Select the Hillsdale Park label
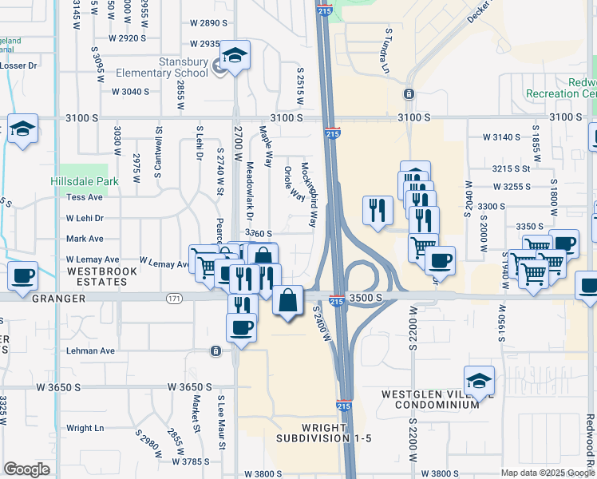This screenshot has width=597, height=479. (x=84, y=181)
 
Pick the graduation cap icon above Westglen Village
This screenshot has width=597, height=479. (x=479, y=382)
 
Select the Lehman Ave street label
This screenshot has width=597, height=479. (x=91, y=350)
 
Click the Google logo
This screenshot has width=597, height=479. (x=26, y=469)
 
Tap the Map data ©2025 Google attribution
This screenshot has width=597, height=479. (x=548, y=473)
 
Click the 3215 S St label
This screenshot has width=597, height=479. (x=511, y=168)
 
